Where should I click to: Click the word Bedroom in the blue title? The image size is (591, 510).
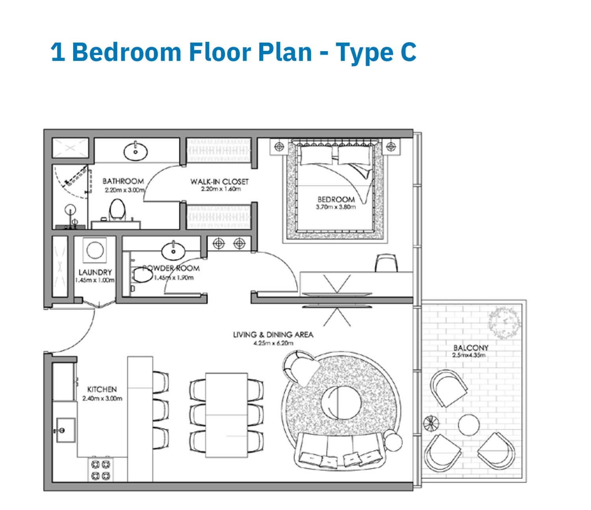(127, 52)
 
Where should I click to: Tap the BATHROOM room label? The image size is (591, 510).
(123, 181)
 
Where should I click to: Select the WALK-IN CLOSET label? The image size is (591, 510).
(219, 182)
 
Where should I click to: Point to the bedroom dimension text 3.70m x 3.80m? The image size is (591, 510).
(336, 207)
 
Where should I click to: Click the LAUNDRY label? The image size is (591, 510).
(95, 272)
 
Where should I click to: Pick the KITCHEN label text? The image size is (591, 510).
(102, 389)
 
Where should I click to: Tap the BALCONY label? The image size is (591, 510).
(470, 348)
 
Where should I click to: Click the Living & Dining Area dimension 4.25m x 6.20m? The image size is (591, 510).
(273, 343)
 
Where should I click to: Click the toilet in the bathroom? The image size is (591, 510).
(117, 210)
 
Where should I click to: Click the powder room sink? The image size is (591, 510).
(173, 251)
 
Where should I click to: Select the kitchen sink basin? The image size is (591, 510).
(66, 430)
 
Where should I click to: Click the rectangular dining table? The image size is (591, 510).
(227, 415)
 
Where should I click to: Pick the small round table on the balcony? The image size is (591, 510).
(469, 425)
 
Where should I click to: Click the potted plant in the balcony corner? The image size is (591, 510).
(504, 323)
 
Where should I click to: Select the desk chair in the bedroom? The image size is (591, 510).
(386, 263)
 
